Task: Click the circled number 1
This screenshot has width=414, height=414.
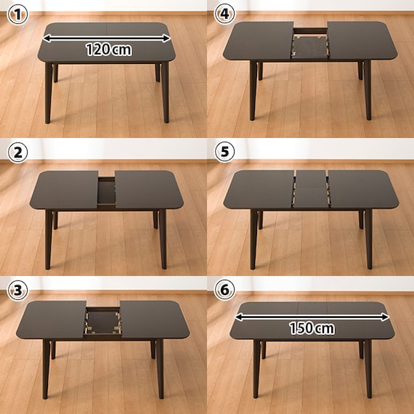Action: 17,15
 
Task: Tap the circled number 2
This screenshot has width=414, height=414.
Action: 17,153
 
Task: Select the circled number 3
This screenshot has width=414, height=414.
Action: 17,291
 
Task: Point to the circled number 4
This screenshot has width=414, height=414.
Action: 224,14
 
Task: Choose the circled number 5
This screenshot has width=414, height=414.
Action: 224,152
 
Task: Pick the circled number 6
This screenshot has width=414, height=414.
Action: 224,290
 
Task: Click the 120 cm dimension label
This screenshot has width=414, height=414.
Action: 109,49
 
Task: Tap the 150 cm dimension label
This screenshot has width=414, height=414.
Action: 312,328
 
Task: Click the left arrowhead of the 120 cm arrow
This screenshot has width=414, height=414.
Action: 46,38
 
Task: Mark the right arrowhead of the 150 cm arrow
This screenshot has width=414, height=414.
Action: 386,317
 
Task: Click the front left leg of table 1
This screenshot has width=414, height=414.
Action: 49,92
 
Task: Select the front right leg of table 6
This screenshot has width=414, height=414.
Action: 368,368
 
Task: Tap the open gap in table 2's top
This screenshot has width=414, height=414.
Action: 107,191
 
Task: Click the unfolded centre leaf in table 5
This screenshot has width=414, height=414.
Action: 311,189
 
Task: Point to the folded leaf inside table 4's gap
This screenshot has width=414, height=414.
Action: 311,48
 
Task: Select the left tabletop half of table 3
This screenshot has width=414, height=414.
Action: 52,320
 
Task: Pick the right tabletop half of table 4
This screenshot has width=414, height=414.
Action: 362,41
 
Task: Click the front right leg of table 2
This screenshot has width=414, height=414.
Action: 163,239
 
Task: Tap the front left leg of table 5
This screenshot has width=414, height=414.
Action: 253,239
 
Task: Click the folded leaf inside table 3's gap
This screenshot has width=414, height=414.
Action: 102,322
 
